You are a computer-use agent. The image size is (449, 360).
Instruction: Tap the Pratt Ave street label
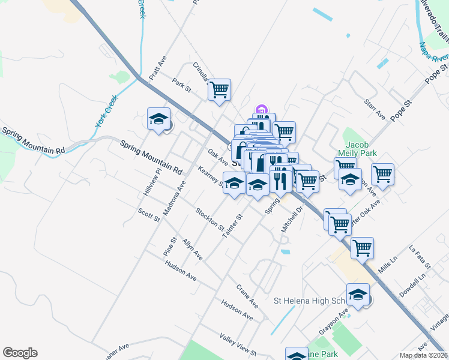pyautogui.click(x=157, y=69)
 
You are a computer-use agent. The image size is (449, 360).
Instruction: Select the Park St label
pyautogui.click(x=181, y=85)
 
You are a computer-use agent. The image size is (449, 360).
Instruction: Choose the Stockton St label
pyautogui.click(x=209, y=220)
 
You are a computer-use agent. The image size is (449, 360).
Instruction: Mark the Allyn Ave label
pyautogui.click(x=193, y=248)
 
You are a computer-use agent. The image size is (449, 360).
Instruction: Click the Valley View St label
pyautogui.click(x=238, y=345)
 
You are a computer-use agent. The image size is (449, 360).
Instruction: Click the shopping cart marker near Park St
pyautogui.click(x=219, y=89)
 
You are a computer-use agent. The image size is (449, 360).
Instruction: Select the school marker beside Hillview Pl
pyautogui.click(x=159, y=118)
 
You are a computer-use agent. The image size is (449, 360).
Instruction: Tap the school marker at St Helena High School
pyautogui.click(x=358, y=294)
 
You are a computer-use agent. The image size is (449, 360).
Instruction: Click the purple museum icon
pyautogui.click(x=261, y=110)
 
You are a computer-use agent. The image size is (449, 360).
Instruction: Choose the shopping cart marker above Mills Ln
pyautogui.click(x=362, y=248)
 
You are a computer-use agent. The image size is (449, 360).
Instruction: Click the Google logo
pyautogui.click(x=20, y=353)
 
